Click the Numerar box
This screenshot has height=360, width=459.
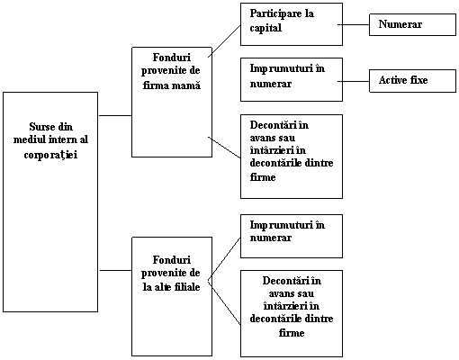412,24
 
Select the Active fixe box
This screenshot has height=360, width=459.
412,81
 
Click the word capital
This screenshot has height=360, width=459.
265,28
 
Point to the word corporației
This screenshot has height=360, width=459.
50,155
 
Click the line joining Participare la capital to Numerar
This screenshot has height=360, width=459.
354,24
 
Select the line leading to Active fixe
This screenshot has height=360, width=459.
354,81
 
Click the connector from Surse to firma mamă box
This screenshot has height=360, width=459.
115,115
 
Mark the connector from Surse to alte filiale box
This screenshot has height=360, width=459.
116,270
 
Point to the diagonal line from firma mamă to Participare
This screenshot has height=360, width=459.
224,41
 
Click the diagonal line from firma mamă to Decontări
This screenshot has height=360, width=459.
224,148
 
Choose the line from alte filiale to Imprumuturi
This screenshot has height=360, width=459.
224,259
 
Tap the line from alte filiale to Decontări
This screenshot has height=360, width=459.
224,302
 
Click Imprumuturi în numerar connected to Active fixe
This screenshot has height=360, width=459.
287,76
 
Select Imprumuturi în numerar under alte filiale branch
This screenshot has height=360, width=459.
287,231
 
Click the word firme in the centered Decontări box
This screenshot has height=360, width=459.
292,333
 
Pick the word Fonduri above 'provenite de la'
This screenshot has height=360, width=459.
172,260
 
